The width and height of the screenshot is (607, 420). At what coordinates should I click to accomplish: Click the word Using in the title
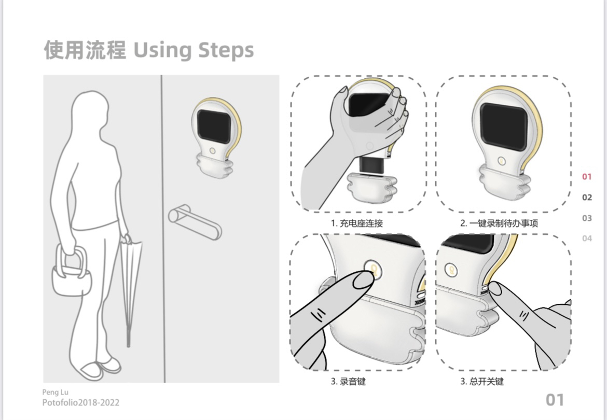[x=162, y=50]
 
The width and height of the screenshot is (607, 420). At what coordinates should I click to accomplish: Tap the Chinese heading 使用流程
[x=85, y=50]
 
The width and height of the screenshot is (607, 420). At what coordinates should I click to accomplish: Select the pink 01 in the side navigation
[x=587, y=177]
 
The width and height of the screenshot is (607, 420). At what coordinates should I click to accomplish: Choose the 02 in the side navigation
[x=587, y=198]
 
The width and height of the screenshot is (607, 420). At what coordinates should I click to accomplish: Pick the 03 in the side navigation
[x=587, y=218]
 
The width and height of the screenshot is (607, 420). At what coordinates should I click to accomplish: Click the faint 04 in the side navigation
[x=587, y=239]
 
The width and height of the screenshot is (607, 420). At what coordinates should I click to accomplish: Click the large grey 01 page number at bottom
[x=555, y=400]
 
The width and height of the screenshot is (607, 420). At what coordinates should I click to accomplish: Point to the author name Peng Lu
[x=55, y=392]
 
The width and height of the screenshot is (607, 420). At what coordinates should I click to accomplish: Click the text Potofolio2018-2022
[x=80, y=402]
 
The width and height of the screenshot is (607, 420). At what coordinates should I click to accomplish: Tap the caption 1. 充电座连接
[x=357, y=223]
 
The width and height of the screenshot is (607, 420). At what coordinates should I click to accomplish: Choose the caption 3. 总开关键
[x=481, y=382]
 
